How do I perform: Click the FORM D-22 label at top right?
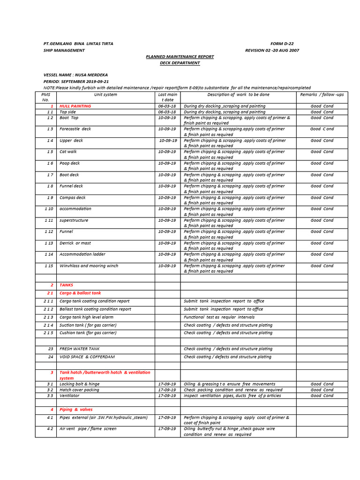click(x=282, y=44)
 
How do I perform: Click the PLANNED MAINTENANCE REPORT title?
click(x=180, y=56)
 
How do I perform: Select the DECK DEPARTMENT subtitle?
click(x=180, y=63)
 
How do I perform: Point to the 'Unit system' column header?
click(x=105, y=95)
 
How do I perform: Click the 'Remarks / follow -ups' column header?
click(x=322, y=95)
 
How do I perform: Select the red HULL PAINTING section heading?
click(x=75, y=106)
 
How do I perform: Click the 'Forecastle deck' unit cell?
click(x=75, y=129)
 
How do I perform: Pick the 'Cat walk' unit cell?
click(x=68, y=152)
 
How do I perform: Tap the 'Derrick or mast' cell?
click(x=75, y=243)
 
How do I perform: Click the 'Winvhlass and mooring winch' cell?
click(x=89, y=266)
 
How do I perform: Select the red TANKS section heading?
click(x=67, y=285)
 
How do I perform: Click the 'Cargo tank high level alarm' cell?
click(x=86, y=317)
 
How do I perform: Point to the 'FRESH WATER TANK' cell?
click(x=79, y=349)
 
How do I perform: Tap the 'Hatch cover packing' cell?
click(x=79, y=390)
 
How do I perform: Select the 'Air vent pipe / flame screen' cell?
click(x=88, y=429)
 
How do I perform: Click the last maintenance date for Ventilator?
click(x=167, y=396)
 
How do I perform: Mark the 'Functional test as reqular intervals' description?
click(x=219, y=317)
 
